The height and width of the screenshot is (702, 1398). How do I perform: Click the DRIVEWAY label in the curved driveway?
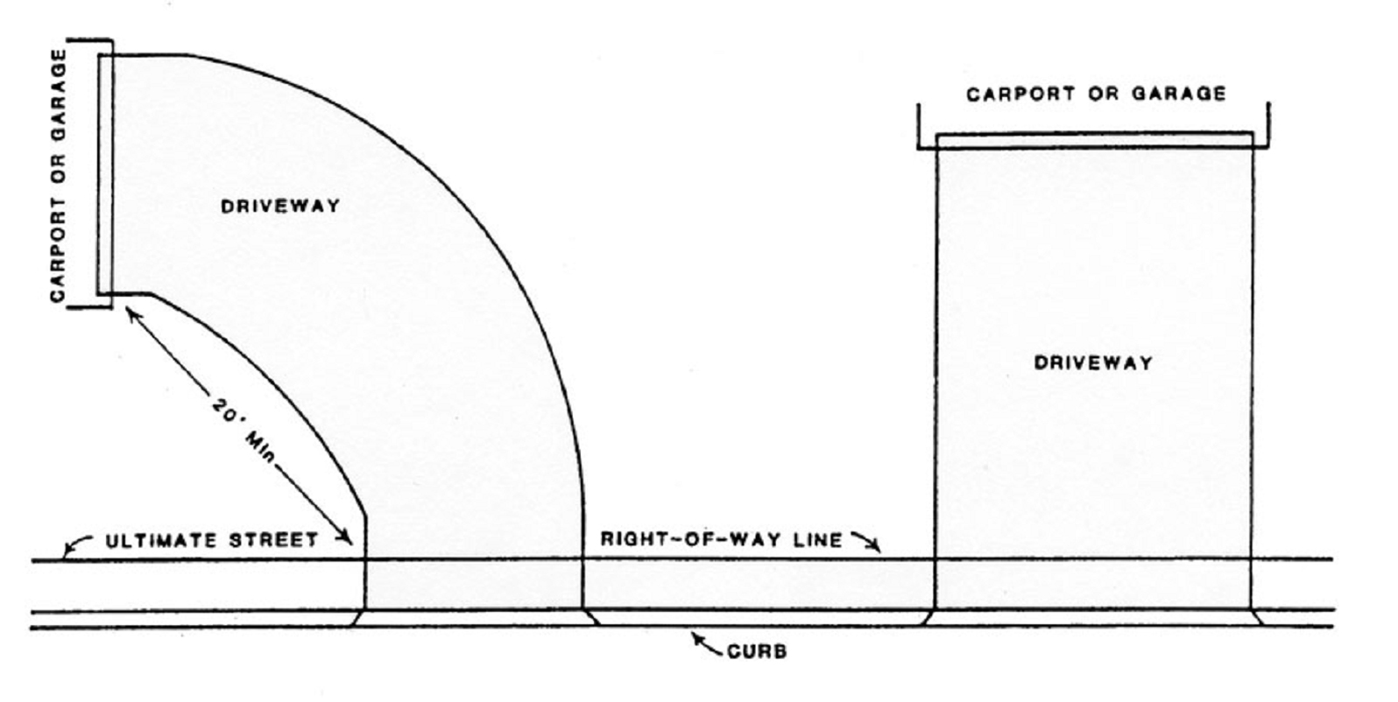pos(279,207)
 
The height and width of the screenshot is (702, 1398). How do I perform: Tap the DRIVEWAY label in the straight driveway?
pos(1093,362)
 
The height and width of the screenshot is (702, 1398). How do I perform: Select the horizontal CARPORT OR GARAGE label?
pos(1096,94)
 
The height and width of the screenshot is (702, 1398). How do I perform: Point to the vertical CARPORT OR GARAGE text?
pos(59,175)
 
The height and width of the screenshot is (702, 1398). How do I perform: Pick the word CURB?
pos(757,651)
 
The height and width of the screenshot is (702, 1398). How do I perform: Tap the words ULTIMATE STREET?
pos(212,540)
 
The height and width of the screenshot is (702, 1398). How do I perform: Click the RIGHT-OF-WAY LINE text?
pos(721,539)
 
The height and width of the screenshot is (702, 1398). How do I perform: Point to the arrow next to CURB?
pos(706,643)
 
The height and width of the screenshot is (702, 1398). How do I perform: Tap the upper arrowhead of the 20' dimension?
pos(133,312)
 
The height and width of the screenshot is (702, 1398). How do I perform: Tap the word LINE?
pos(817,539)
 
